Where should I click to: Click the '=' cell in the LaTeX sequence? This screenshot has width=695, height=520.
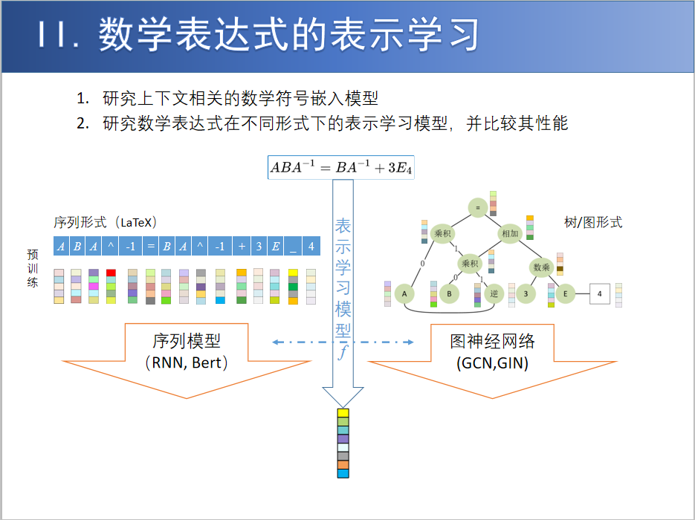[151, 247]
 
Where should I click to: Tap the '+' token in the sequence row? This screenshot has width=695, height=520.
[242, 247]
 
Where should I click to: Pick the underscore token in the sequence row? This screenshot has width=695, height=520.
[294, 247]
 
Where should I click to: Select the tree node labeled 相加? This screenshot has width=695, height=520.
[510, 233]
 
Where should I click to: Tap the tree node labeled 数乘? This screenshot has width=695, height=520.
[541, 267]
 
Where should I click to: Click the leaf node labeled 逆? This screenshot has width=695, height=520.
[494, 294]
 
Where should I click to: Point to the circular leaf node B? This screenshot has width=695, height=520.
[448, 294]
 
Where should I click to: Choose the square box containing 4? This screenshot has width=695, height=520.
[600, 294]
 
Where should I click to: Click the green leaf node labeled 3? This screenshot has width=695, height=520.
[526, 294]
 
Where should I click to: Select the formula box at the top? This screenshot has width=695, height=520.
[341, 167]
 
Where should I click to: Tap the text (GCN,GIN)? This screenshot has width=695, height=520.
[492, 363]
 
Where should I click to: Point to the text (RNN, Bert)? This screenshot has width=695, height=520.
[187, 363]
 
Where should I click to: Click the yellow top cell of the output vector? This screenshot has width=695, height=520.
[343, 413]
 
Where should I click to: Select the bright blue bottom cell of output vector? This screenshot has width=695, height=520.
[343, 472]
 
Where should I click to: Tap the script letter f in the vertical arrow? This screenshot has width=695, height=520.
[343, 352]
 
